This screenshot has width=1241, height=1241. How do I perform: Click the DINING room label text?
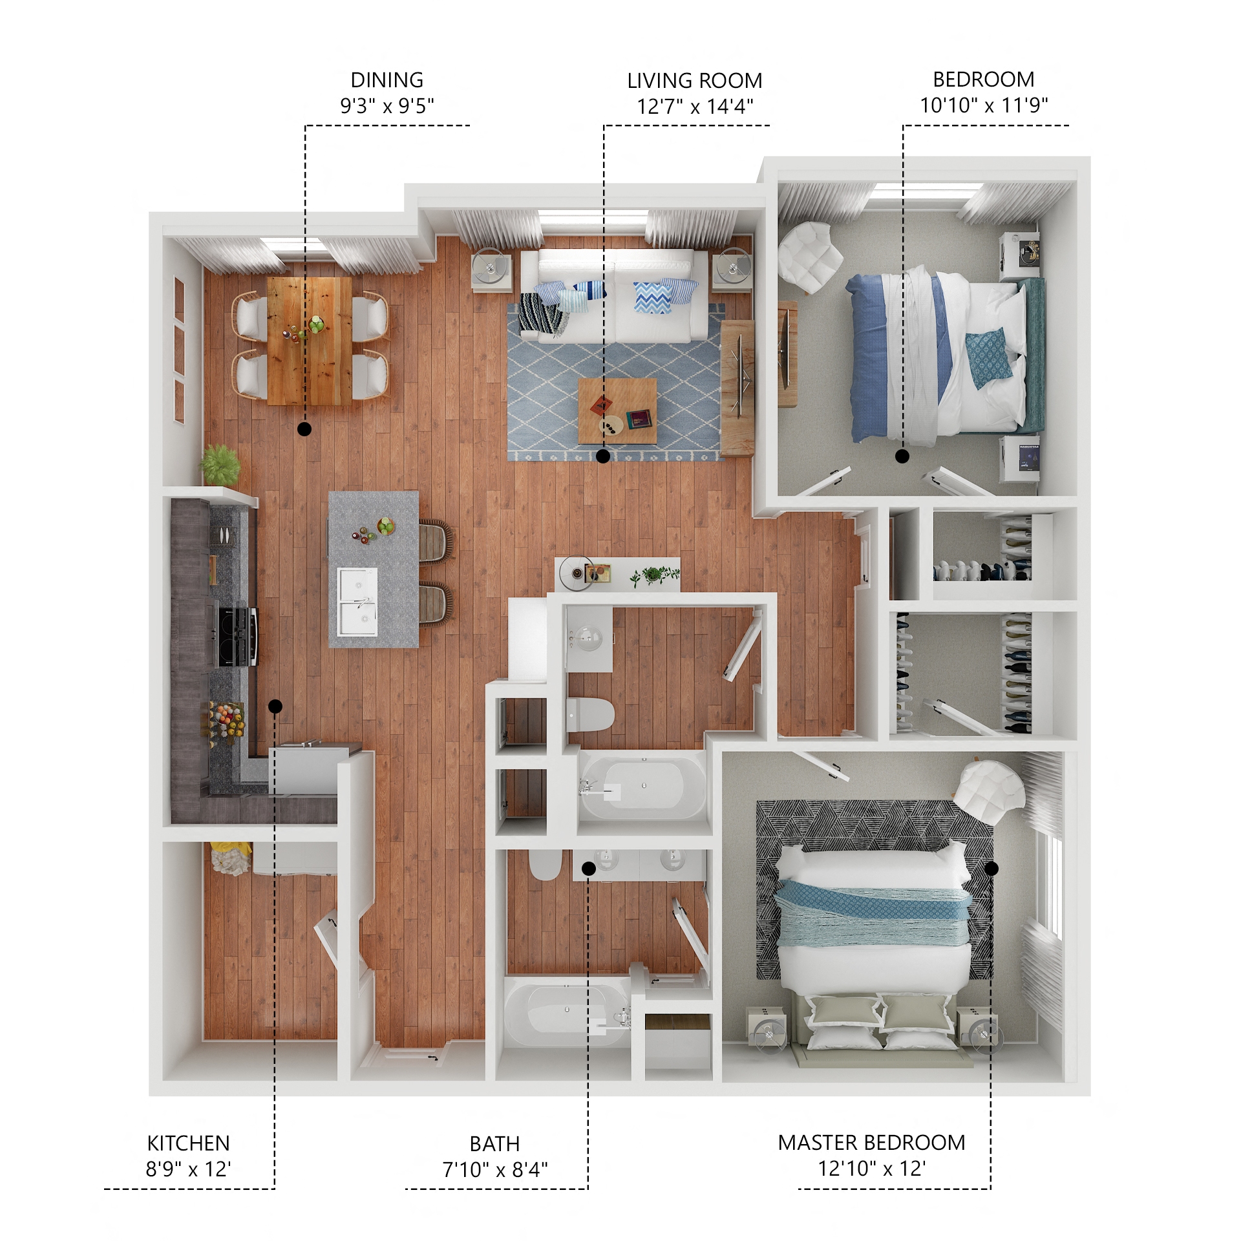pos(387,80)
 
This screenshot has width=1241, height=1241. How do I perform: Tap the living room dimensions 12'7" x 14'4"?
pos(695,106)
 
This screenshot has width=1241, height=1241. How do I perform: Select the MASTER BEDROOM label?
pos(871,1143)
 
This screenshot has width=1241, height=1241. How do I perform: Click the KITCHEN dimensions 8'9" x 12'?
pos(188,1169)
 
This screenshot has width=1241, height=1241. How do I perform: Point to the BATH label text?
pos(494,1144)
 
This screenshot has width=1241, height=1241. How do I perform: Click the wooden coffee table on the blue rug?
pos(617,410)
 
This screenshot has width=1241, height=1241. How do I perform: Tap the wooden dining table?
pos(309,341)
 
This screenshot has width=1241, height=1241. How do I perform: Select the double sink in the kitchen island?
pos(357,601)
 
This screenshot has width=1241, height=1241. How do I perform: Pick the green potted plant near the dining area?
pos(220,463)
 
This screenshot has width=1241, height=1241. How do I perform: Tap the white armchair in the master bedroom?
pos(989,791)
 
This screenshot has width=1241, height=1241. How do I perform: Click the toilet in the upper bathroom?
pos(589,714)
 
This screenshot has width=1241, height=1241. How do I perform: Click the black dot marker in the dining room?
pos(304,429)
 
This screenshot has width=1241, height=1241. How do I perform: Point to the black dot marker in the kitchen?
pos(275,706)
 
